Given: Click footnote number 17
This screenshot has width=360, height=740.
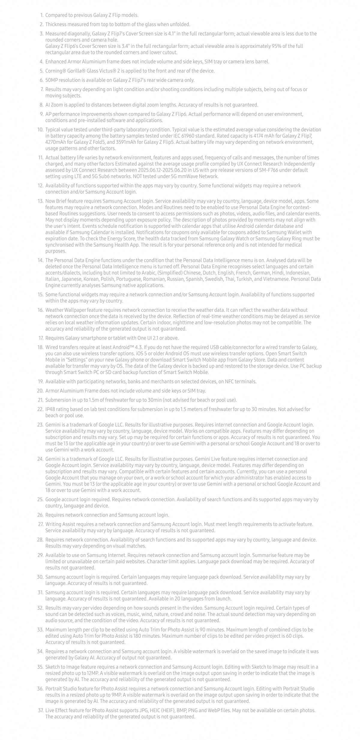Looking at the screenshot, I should pos(41,338).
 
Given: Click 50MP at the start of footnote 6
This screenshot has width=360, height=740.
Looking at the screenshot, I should pos(51,80).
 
